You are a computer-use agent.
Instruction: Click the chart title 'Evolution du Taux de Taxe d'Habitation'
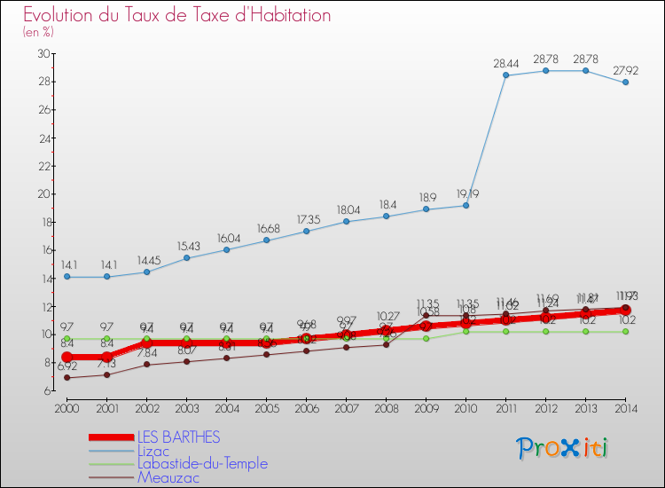[177, 15]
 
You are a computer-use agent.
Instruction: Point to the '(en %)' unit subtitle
[38, 32]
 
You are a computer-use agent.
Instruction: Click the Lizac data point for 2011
[506, 75]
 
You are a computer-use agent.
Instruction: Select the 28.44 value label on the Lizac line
[506, 64]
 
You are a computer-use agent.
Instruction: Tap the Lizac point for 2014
[626, 83]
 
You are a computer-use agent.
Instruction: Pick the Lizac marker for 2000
[66, 277]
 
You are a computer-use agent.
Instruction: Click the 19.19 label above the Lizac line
[466, 193]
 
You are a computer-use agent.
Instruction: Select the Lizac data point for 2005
[266, 240]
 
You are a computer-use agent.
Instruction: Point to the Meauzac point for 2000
[66, 378]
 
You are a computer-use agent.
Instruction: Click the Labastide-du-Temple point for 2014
[626, 332]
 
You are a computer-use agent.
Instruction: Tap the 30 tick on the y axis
[43, 54]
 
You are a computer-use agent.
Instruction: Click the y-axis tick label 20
[43, 194]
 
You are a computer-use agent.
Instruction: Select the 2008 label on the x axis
[386, 407]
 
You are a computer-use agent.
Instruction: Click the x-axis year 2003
[186, 407]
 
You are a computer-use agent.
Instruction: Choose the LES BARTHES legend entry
[177, 437]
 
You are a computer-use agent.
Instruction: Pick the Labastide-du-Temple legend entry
[201, 464]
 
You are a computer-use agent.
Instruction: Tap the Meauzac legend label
[168, 477]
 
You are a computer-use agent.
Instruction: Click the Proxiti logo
[563, 447]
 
